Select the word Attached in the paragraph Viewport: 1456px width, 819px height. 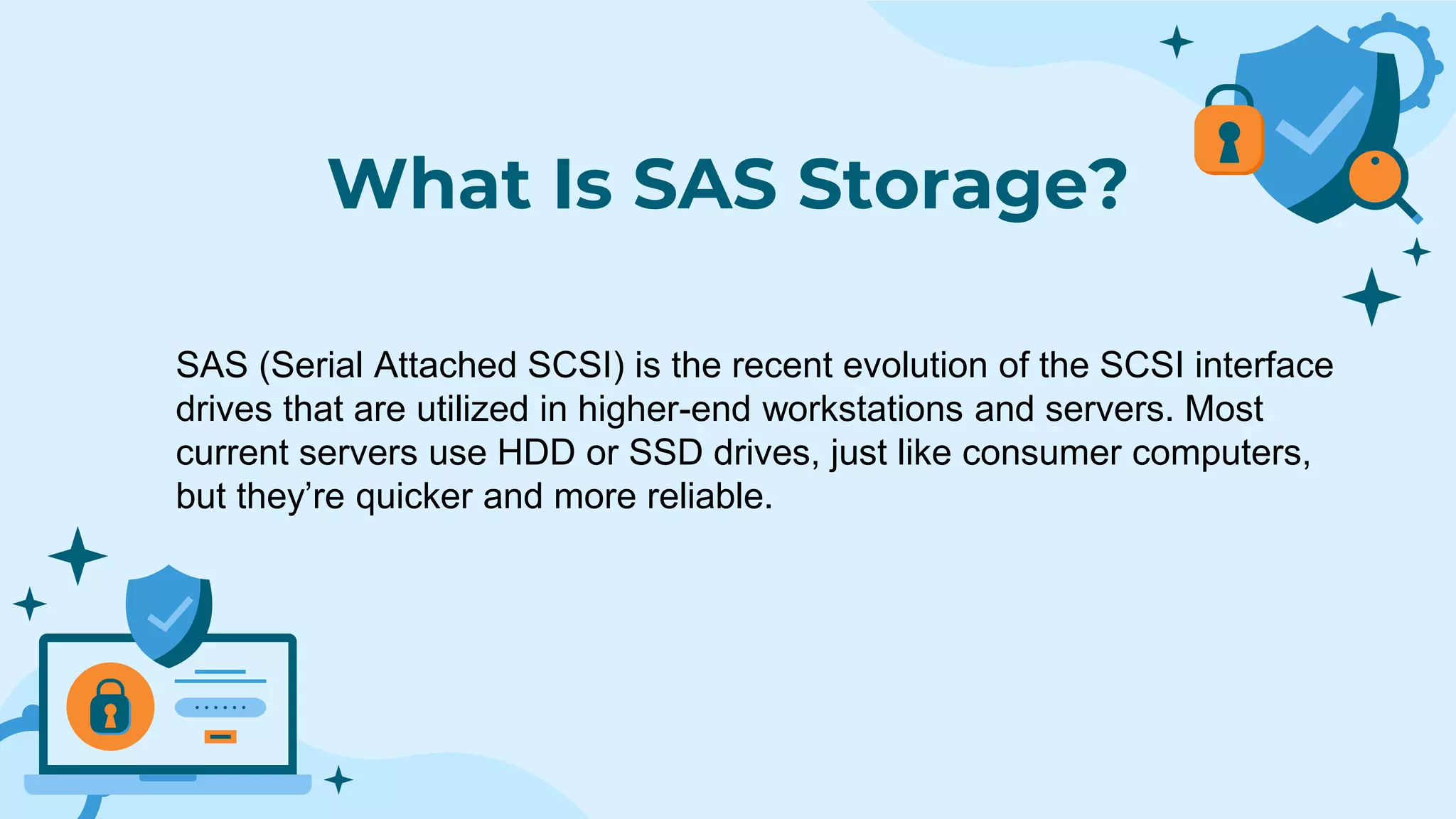[x=445, y=365]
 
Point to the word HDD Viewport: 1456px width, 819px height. [x=536, y=453]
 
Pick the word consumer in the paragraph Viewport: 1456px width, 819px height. [x=1042, y=453]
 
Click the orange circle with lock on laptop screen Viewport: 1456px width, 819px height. [x=110, y=706]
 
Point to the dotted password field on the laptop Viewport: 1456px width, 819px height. [x=220, y=707]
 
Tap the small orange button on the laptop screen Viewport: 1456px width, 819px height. [x=220, y=737]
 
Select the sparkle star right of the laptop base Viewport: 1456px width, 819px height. [x=338, y=780]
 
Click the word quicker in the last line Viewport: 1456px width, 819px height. [x=414, y=496]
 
